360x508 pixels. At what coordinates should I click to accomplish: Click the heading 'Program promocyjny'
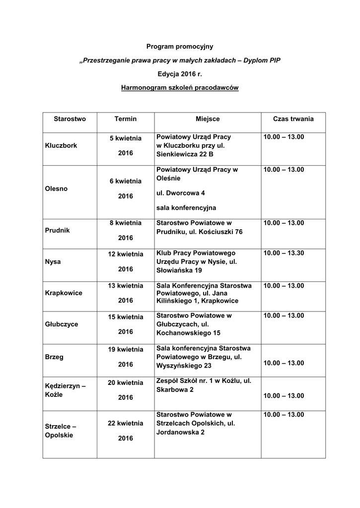pyautogui.click(x=179, y=47)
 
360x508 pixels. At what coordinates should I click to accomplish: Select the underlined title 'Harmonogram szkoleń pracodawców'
pyautogui.click(x=180, y=88)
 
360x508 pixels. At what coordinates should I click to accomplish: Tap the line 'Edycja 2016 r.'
pyautogui.click(x=180, y=74)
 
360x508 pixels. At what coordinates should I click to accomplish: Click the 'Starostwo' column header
pyautogui.click(x=70, y=119)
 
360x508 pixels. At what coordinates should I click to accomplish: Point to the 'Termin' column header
pyautogui.click(x=125, y=119)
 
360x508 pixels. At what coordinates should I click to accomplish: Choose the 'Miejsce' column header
pyautogui.click(x=208, y=119)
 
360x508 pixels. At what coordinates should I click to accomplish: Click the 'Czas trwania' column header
pyautogui.click(x=293, y=119)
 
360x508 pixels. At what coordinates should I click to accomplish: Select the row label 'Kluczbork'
pyautogui.click(x=61, y=146)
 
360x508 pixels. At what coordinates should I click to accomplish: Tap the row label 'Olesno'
pyautogui.click(x=56, y=189)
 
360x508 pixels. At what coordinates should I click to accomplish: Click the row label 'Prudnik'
pyautogui.click(x=57, y=230)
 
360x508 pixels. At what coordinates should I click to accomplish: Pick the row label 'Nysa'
pyautogui.click(x=53, y=261)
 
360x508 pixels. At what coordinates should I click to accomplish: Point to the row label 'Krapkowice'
pyautogui.click(x=64, y=293)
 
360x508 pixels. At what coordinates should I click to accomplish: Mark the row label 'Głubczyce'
pyautogui.click(x=61, y=324)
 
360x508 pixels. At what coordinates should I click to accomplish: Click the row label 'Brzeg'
pyautogui.click(x=54, y=357)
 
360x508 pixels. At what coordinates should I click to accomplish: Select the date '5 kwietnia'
pyautogui.click(x=126, y=138)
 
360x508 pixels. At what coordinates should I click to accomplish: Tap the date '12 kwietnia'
pyautogui.click(x=126, y=254)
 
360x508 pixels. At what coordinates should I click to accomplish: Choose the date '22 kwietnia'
pyautogui.click(x=126, y=423)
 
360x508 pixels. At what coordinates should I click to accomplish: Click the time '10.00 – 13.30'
pyautogui.click(x=284, y=253)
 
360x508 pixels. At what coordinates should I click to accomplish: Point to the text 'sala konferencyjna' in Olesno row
pyautogui.click(x=186, y=207)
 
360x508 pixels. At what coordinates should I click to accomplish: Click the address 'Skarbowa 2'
pyautogui.click(x=175, y=390)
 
